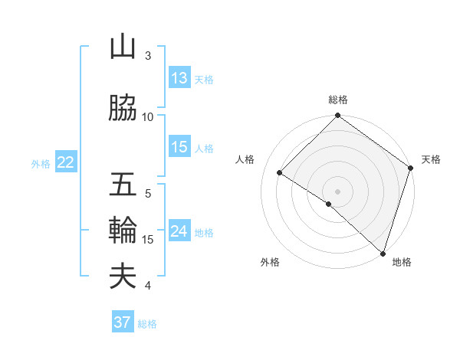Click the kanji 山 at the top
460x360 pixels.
[x=123, y=47]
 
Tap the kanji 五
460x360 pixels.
[x=123, y=185]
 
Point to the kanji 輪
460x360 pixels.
[x=123, y=230]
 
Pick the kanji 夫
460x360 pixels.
[x=123, y=276]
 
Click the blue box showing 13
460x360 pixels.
[x=179, y=78]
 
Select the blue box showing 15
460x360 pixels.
[x=179, y=147]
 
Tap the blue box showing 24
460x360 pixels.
[x=179, y=231]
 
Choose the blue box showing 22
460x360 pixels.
[x=66, y=162]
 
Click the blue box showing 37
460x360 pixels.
[x=123, y=322]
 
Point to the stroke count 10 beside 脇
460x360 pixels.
[x=148, y=116]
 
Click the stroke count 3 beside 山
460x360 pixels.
[x=148, y=55]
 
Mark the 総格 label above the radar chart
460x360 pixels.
[x=337, y=100]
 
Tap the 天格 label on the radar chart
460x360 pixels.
[x=431, y=159]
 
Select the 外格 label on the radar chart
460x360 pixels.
[x=269, y=262]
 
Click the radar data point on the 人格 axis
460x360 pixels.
[x=280, y=173]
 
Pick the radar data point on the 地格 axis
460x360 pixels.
[x=382, y=252]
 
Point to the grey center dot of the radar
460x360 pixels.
[x=337, y=191]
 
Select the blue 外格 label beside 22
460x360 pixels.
[x=41, y=163]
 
